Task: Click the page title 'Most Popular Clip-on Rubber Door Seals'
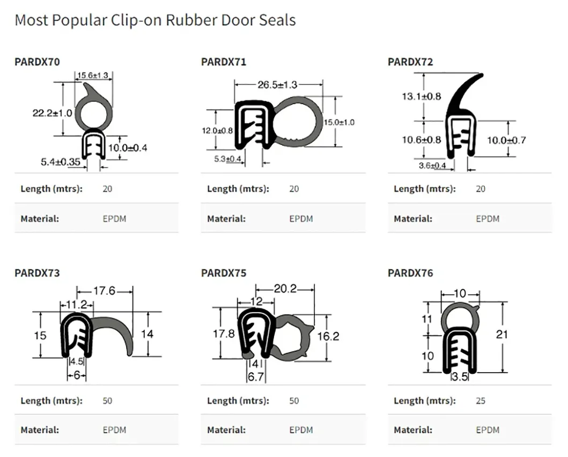click(x=155, y=20)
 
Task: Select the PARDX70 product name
click(x=37, y=62)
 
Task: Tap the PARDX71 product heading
click(x=224, y=62)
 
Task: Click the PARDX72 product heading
click(x=410, y=62)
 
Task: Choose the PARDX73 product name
click(x=37, y=273)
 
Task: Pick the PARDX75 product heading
click(x=224, y=273)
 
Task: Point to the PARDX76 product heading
click(x=410, y=273)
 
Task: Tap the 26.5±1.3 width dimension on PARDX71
click(x=277, y=84)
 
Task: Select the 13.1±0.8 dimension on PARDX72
click(x=421, y=97)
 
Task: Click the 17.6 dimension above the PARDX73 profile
click(x=104, y=291)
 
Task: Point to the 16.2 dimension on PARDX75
click(x=328, y=336)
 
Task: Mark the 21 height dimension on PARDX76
click(x=501, y=335)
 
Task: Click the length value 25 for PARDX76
click(x=481, y=401)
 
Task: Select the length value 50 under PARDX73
click(x=107, y=401)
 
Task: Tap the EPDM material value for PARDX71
click(x=301, y=219)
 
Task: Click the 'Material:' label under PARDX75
click(x=226, y=430)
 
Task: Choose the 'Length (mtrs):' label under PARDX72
click(x=424, y=188)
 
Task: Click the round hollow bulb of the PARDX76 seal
click(x=460, y=318)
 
